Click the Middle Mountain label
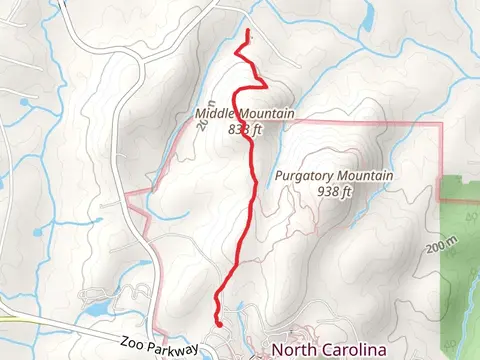tap(244, 114)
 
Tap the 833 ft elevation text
tap(244, 128)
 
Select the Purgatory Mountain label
tap(332, 176)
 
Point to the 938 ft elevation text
tap(334, 191)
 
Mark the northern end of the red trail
tap(247, 33)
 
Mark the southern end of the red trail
tap(219, 324)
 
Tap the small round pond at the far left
tap(38, 232)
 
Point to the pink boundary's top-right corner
tap(441, 124)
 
